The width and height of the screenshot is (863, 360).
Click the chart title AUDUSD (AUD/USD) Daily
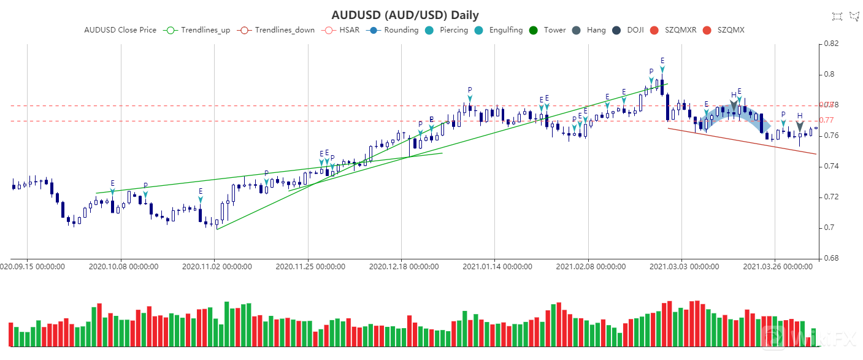(x=405, y=15)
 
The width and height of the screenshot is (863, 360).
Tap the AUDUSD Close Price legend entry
(x=120, y=30)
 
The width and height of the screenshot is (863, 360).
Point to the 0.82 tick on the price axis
(x=831, y=44)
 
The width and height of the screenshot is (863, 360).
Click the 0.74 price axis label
(x=831, y=166)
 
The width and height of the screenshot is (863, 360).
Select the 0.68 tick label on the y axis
(x=831, y=258)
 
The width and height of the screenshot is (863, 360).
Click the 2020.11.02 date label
(x=217, y=267)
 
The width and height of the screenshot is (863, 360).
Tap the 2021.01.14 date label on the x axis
(x=497, y=267)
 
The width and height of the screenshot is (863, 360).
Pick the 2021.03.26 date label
(x=777, y=267)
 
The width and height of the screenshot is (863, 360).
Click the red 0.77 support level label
(x=826, y=120)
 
